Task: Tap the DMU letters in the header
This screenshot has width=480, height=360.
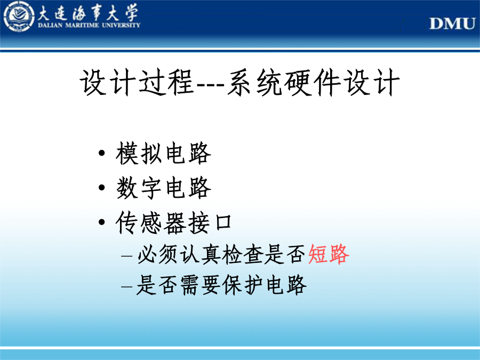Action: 452,23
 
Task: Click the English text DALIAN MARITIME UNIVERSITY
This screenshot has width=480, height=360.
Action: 89,25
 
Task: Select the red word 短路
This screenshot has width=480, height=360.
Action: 329,254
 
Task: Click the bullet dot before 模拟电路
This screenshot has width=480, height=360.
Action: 102,153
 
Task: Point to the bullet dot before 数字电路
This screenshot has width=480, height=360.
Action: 102,187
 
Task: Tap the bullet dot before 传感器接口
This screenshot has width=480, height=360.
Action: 102,222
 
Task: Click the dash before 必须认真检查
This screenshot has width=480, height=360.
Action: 127,255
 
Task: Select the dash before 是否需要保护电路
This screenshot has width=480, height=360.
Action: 127,286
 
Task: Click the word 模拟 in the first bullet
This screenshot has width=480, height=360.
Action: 139,153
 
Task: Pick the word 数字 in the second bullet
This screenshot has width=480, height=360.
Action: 139,188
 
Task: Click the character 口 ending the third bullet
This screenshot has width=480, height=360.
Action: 223,222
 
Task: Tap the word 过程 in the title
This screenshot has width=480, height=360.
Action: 166,82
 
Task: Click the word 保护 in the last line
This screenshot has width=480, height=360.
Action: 243,285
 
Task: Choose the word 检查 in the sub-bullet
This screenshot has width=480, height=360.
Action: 243,254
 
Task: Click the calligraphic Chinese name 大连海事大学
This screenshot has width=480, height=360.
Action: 88,13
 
